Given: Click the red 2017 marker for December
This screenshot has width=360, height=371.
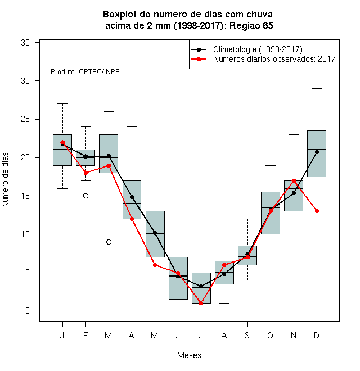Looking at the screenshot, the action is pyautogui.click(x=317, y=211).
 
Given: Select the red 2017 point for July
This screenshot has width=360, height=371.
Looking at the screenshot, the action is pyautogui.click(x=201, y=304).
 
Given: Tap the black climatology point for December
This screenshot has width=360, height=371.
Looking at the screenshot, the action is pyautogui.click(x=317, y=152).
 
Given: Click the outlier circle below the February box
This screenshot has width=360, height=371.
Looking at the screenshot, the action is pyautogui.click(x=85, y=196).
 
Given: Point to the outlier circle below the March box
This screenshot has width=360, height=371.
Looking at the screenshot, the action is pyautogui.click(x=109, y=242).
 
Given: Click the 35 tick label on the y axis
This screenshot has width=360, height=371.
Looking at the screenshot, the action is pyautogui.click(x=25, y=43).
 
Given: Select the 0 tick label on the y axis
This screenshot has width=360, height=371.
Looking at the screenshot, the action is pyautogui.click(x=28, y=311).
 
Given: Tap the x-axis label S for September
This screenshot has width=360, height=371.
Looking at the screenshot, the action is pyautogui.click(x=247, y=335).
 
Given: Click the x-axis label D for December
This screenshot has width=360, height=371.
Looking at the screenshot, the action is pyautogui.click(x=317, y=335).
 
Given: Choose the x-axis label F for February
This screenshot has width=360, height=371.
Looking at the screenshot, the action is pyautogui.click(x=85, y=335).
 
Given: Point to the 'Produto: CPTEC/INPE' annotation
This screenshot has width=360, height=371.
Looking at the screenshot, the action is pyautogui.click(x=85, y=72).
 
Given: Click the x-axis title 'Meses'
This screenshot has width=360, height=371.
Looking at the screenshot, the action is pyautogui.click(x=189, y=355).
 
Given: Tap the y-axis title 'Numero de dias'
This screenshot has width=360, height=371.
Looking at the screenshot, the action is pyautogui.click(x=5, y=180).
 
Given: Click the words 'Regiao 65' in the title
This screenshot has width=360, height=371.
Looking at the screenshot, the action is pyautogui.click(x=251, y=25).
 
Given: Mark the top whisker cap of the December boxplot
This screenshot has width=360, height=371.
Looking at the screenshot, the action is pyautogui.click(x=317, y=88).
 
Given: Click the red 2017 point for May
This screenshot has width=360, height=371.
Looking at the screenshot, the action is pyautogui.click(x=155, y=265).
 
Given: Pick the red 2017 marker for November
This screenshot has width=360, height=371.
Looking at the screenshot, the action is pyautogui.click(x=294, y=181).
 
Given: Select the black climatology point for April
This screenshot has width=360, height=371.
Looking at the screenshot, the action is pyautogui.click(x=132, y=197).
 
